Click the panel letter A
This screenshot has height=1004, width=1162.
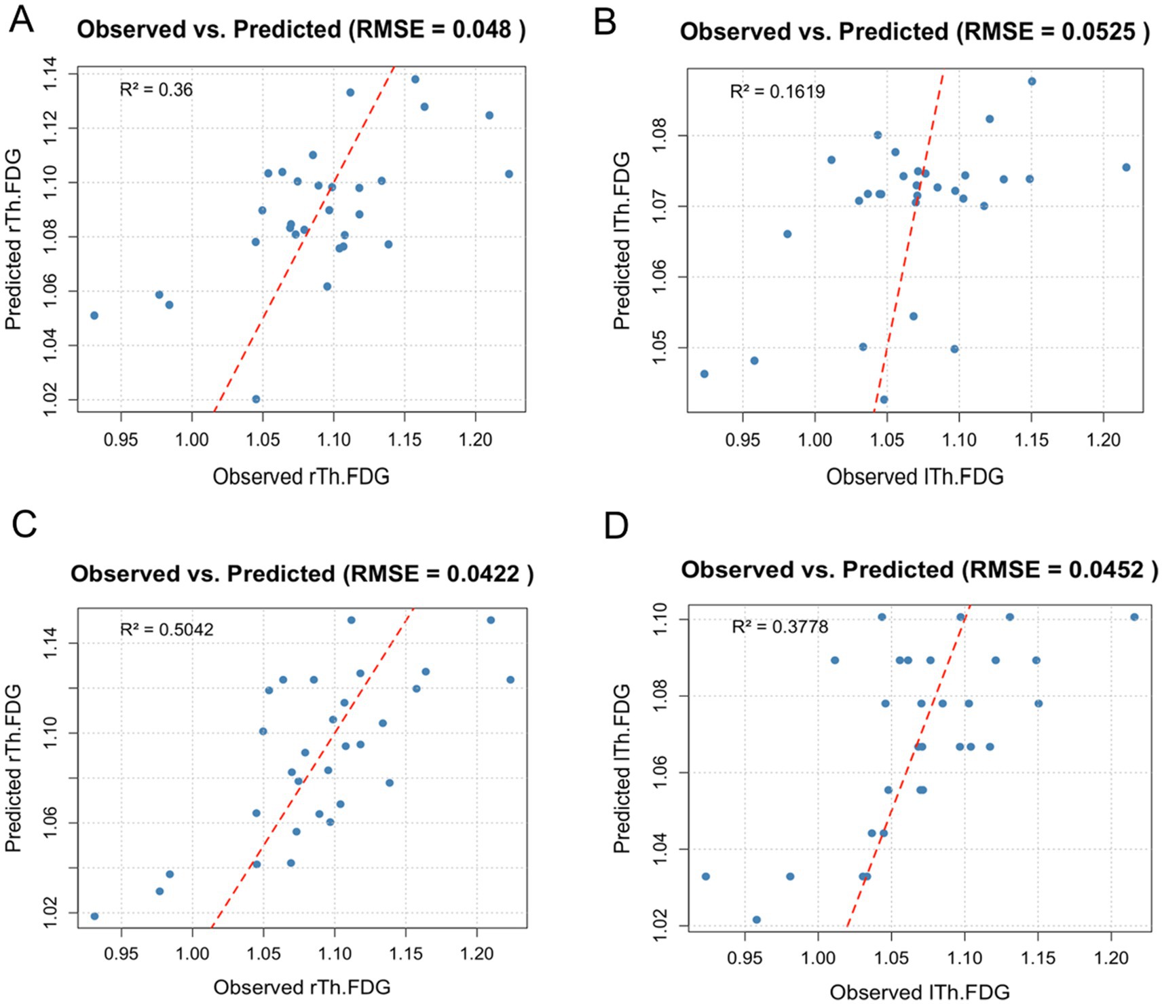click(22, 20)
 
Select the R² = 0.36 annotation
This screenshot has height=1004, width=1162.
click(156, 90)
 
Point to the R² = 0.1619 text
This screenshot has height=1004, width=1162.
click(777, 92)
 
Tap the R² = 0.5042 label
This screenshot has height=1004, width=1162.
click(166, 630)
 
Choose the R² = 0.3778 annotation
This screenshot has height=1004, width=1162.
click(780, 626)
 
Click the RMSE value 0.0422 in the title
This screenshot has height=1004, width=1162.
click(483, 574)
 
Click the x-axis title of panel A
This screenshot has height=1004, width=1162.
click(301, 477)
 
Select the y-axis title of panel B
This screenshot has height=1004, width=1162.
click(622, 241)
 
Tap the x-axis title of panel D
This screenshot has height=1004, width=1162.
click(920, 992)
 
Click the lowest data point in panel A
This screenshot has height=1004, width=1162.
click(256, 399)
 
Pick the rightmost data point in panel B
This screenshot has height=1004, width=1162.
click(1126, 167)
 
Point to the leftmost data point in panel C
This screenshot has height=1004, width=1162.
click(94, 916)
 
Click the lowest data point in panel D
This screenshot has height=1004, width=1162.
click(757, 920)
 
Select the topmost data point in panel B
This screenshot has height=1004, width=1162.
click(1032, 81)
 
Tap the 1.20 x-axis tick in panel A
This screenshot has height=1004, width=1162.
click(475, 440)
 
